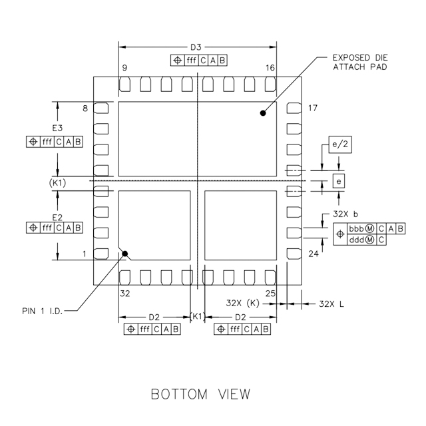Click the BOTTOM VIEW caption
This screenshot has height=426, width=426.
click(x=201, y=394)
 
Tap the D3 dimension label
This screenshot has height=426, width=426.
click(x=196, y=47)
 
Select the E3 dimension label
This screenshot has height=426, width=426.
click(x=57, y=128)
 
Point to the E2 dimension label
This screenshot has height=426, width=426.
click(x=57, y=217)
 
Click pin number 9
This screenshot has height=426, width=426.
click(x=124, y=69)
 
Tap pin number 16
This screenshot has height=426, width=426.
click(x=270, y=69)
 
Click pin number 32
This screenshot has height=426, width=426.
click(x=124, y=293)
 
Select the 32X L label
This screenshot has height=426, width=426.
click(x=331, y=304)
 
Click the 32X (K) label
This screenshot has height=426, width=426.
click(x=242, y=304)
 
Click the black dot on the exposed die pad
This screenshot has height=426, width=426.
click(x=263, y=114)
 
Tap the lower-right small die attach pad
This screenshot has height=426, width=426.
click(x=240, y=224)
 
